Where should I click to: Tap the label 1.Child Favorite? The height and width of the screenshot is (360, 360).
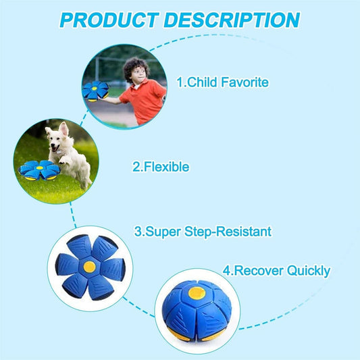(x=222, y=82)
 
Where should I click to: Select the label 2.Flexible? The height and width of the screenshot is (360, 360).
(x=161, y=166)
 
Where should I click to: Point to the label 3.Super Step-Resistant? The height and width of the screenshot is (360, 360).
(x=203, y=232)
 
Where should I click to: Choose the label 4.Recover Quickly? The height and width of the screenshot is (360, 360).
(x=276, y=271)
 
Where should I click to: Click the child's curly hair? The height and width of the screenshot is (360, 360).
(x=137, y=68)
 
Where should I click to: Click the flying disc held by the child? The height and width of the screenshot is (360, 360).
(x=95, y=90)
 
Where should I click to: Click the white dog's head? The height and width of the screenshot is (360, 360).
(x=61, y=134)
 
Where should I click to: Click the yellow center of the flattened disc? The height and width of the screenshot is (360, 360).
(x=89, y=266)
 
